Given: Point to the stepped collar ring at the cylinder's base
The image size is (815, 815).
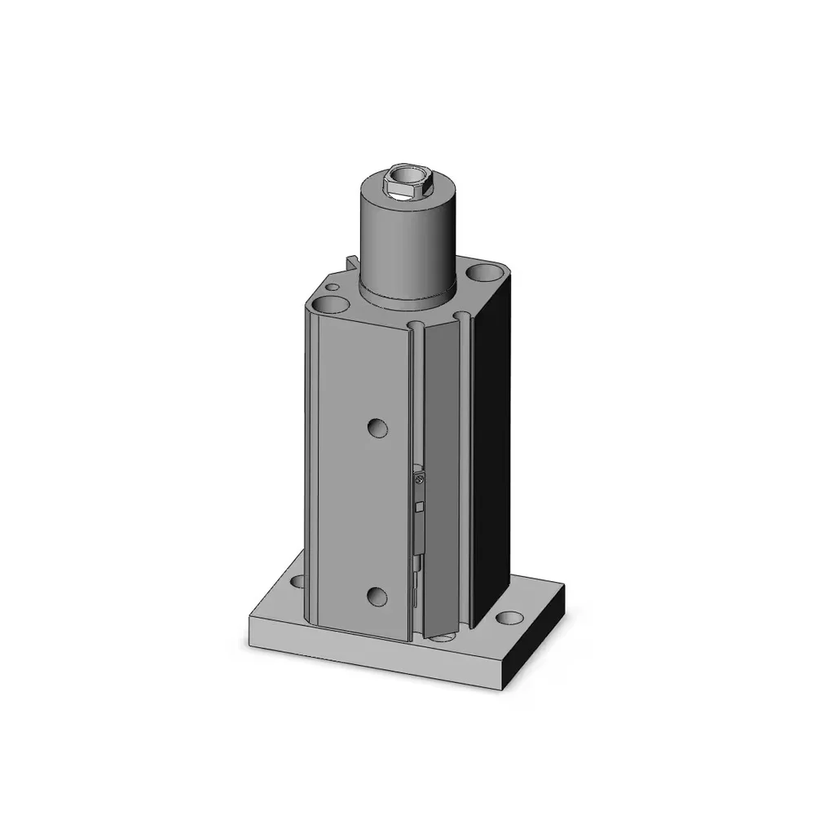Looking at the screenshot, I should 405,296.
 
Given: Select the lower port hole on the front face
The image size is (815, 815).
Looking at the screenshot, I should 376,596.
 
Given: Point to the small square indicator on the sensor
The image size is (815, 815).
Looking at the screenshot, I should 419,507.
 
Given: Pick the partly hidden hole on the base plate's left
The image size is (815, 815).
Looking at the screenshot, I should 297,582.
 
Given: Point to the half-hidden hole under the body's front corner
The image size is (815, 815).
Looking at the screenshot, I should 441,637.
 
